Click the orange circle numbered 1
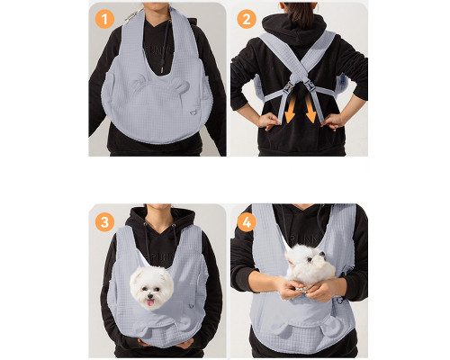click(104, 19)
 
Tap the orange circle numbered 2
click(247, 19)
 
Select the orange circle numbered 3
click(104, 222)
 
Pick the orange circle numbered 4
click(247, 222)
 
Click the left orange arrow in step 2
click(290, 111)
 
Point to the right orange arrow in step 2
click(310, 111)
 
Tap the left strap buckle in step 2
click(290, 86)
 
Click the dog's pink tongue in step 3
click(150, 303)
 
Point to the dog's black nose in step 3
click(149, 296)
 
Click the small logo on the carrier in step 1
click(193, 112)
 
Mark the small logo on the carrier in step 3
click(190, 306)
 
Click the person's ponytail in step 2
click(300, 13)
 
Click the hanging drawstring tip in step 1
click(162, 68)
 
